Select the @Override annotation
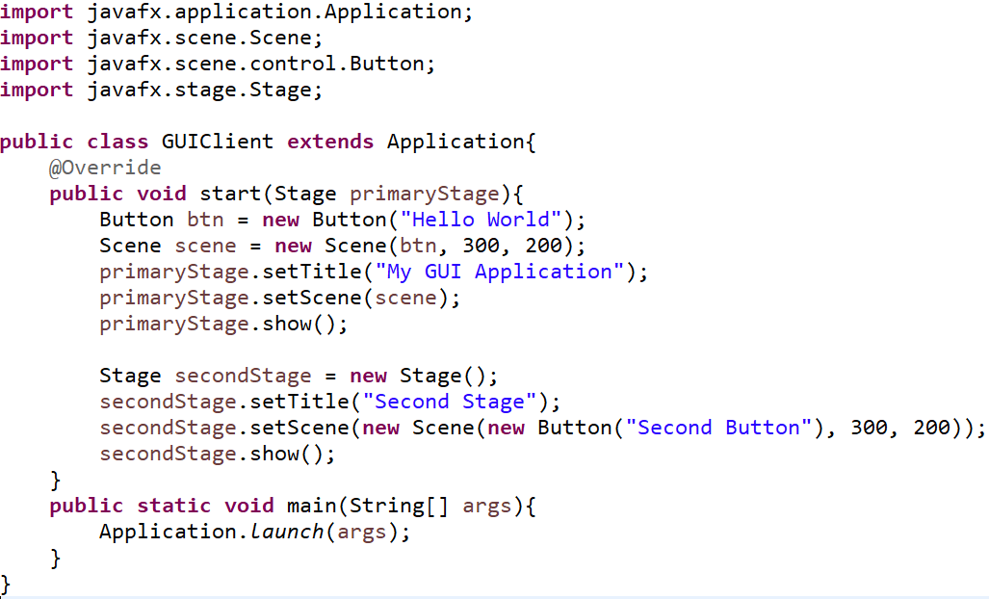[105, 168]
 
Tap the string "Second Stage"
[455, 402]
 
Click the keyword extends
[330, 142]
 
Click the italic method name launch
[287, 532]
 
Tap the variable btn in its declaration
[205, 220]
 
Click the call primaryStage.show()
[222, 324]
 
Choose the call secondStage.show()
[218, 454]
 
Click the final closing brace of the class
[6, 584]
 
